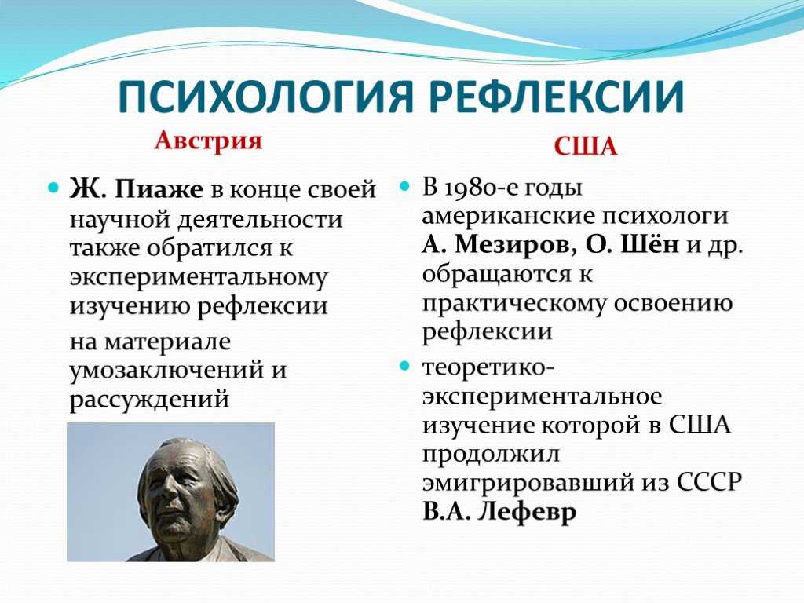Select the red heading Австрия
point(208,140)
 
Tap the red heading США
point(586,147)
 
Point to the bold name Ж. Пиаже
point(137,189)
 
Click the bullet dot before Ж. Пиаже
point(53,188)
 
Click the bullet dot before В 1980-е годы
point(405,185)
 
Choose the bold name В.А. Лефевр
point(499,511)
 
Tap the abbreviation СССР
point(710,483)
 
